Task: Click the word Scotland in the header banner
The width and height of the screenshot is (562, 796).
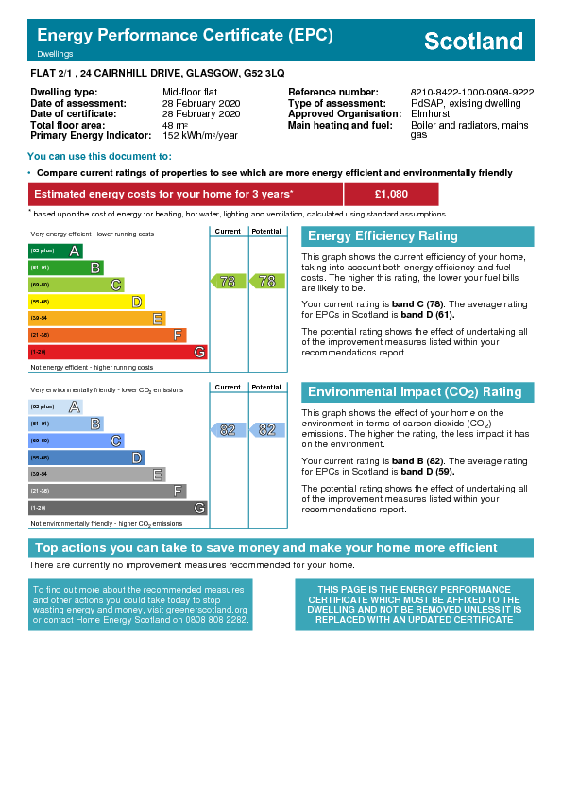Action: point(473,41)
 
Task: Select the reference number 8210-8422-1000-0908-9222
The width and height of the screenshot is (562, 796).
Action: point(472,93)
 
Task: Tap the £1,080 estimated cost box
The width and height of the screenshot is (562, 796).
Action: point(391,194)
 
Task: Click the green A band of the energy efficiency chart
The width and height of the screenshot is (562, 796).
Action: point(56,251)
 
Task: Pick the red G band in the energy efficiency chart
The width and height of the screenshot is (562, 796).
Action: point(118,352)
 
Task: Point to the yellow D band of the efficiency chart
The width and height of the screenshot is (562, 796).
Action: point(86,303)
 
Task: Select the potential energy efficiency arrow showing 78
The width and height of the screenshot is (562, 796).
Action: point(267,281)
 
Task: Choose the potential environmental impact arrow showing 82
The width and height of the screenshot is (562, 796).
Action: point(267,430)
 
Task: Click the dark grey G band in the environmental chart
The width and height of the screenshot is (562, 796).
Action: point(118,508)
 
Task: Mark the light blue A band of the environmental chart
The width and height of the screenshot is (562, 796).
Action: point(56,407)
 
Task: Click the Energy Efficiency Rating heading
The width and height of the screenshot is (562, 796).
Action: point(383,236)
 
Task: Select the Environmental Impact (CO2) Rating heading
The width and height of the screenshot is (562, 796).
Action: point(415,392)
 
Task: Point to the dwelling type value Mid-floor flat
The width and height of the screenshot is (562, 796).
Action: point(190,93)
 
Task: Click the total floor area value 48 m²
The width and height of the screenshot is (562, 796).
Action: point(175,125)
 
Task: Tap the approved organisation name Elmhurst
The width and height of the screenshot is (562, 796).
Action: point(430,113)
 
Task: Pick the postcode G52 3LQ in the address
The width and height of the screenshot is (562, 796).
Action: point(264,73)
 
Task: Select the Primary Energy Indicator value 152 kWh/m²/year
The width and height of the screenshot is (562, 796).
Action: point(200,135)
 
